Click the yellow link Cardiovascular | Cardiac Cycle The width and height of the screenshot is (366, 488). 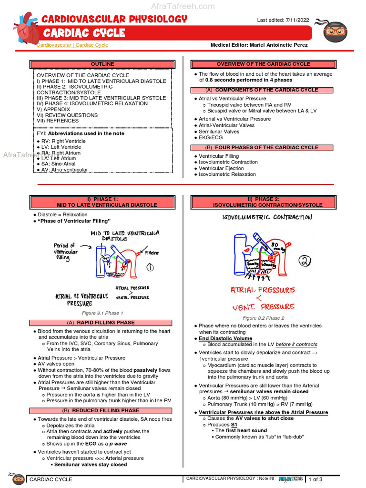click(x=72, y=45)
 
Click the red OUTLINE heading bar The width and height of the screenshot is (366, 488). click(x=102, y=64)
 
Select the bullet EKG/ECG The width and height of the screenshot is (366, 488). click(x=211, y=138)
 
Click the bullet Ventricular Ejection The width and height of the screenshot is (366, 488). click(x=221, y=168)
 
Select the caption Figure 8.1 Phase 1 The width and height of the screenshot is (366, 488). click(x=102, y=313)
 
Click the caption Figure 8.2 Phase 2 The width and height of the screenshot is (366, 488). click(x=264, y=318)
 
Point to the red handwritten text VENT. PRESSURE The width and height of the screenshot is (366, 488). click(x=263, y=306)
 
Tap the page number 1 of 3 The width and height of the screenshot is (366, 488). click(x=315, y=479)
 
